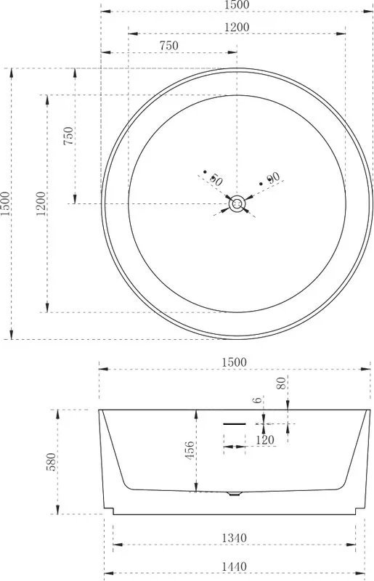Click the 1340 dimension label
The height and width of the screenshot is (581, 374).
[x=234, y=537]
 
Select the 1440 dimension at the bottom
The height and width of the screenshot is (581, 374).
[x=234, y=566]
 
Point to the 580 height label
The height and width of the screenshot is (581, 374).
[x=52, y=462]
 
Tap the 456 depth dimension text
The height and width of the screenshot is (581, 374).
[x=189, y=450]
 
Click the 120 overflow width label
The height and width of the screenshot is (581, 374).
[x=265, y=440]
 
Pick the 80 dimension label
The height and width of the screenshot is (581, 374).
[x=281, y=383]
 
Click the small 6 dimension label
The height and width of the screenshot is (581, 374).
[x=258, y=400]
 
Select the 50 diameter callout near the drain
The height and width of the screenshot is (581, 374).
[x=216, y=179]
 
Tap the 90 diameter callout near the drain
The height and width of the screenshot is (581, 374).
[x=273, y=178]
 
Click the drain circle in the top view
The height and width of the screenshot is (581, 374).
[x=236, y=204]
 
